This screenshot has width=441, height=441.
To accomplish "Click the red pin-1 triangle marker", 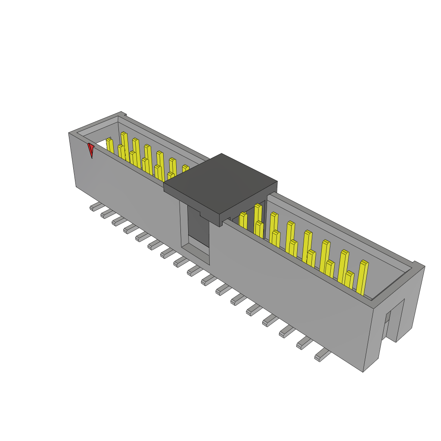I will click(90, 150).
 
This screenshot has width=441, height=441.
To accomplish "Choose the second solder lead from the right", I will click(305, 343).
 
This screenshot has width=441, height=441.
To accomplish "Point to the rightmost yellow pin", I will click(362, 278).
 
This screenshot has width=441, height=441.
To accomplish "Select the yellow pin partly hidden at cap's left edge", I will click(185, 168).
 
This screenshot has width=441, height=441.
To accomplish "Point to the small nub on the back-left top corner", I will click(124, 114).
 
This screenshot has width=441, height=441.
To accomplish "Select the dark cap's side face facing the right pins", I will click(250, 202).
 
